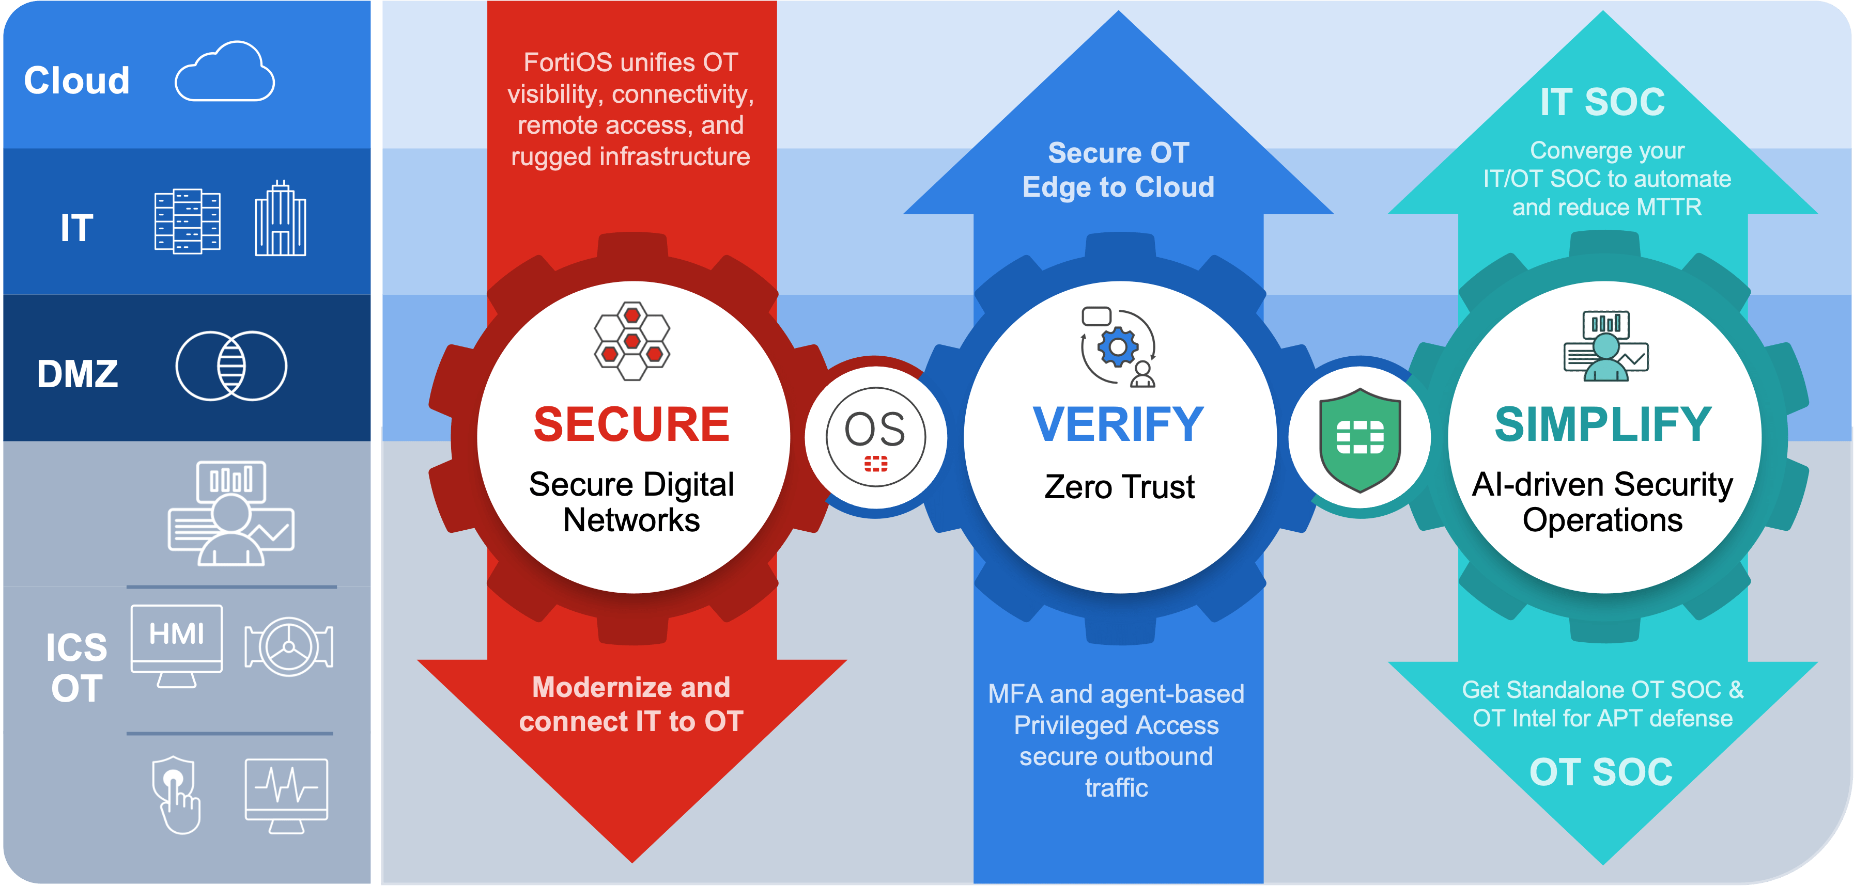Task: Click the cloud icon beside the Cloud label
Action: click(x=225, y=73)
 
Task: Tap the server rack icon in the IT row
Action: click(x=187, y=221)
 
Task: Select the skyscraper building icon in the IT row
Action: click(x=281, y=219)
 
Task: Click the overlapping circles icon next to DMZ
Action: click(x=231, y=366)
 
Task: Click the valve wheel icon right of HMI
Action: click(x=289, y=646)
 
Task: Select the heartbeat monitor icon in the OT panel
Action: click(x=286, y=794)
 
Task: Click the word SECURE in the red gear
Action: click(x=631, y=424)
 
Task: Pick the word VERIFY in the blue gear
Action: click(x=1118, y=424)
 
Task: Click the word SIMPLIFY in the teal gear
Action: click(x=1603, y=424)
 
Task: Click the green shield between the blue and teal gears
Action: click(x=1359, y=439)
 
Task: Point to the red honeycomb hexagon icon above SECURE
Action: click(x=632, y=340)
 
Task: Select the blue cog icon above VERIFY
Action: click(x=1118, y=347)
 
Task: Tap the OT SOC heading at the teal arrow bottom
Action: click(x=1601, y=772)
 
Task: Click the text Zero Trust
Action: click(x=1119, y=487)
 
